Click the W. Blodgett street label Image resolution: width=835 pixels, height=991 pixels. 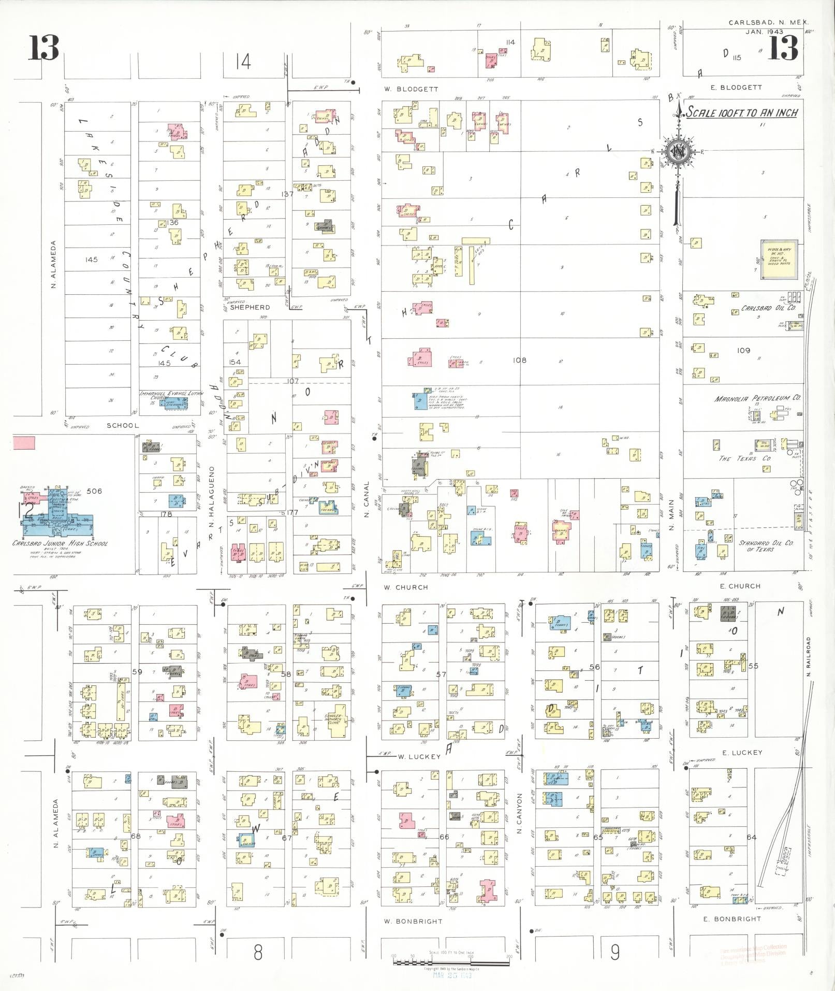coord(411,89)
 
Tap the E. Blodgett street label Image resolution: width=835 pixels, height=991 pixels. coord(736,88)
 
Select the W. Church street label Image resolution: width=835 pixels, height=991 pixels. coord(406,587)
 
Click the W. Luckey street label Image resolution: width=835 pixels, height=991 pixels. coord(419,756)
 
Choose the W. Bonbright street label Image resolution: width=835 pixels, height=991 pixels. coord(413,921)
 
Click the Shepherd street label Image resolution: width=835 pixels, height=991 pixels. coord(250,307)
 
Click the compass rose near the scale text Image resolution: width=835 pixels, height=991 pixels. coord(677,152)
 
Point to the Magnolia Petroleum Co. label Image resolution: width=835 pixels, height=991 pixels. coord(757,398)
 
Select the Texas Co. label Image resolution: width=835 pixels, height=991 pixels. coord(744,458)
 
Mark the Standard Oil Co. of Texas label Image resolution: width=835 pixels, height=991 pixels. coord(766,546)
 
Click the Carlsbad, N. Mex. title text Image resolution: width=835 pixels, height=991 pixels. coord(768,23)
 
